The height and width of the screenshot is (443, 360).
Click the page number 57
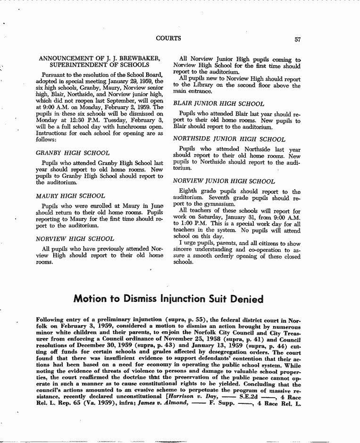coord(297,40)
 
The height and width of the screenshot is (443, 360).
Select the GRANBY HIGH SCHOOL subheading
coord(73,153)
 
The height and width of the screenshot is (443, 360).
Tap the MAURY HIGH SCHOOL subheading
coord(71,196)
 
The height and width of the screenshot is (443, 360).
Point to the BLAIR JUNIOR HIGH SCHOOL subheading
coord(218,103)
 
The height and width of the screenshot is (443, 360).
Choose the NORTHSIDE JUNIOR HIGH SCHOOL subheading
coord(229,139)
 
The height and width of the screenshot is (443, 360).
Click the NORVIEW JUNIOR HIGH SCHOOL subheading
coord(224,181)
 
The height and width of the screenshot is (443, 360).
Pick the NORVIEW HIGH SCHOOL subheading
coord(75,239)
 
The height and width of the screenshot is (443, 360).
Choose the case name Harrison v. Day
coord(193,397)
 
